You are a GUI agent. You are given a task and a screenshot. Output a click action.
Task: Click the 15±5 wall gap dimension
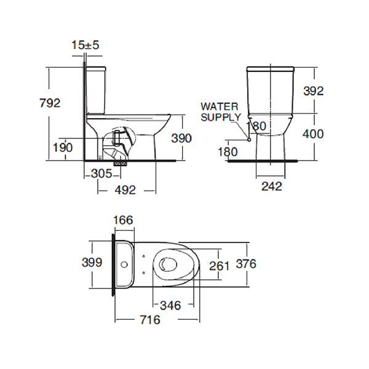85,45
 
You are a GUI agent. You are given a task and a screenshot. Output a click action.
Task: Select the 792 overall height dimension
50,103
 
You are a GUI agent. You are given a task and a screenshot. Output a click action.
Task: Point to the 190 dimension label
62,148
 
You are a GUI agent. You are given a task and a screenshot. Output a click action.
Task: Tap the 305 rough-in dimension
101,173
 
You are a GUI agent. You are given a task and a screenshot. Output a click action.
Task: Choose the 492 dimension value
125,190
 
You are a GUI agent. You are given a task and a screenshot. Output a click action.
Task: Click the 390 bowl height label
181,138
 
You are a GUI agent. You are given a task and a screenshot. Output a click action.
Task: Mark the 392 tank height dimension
314,91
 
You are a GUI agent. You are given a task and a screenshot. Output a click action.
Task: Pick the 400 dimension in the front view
313,134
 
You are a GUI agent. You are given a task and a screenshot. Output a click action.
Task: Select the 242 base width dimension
272,186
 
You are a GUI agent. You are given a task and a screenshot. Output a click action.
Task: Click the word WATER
220,106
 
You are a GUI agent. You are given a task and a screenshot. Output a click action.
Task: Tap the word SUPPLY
221,117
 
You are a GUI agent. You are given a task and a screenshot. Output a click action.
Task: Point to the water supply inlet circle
249,140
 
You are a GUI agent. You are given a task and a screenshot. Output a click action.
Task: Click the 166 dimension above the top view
123,220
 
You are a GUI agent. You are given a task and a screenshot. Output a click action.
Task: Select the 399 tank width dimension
92,263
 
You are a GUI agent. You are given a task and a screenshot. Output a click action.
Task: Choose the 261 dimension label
220,266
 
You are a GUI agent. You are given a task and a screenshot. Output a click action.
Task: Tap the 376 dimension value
246,264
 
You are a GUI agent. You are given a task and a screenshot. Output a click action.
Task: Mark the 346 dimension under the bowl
170,306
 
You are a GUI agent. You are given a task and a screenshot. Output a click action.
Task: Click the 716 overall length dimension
150,320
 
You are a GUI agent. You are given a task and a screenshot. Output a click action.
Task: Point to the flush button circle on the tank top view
124,264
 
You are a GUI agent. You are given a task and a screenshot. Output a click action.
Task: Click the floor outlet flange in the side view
121,163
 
